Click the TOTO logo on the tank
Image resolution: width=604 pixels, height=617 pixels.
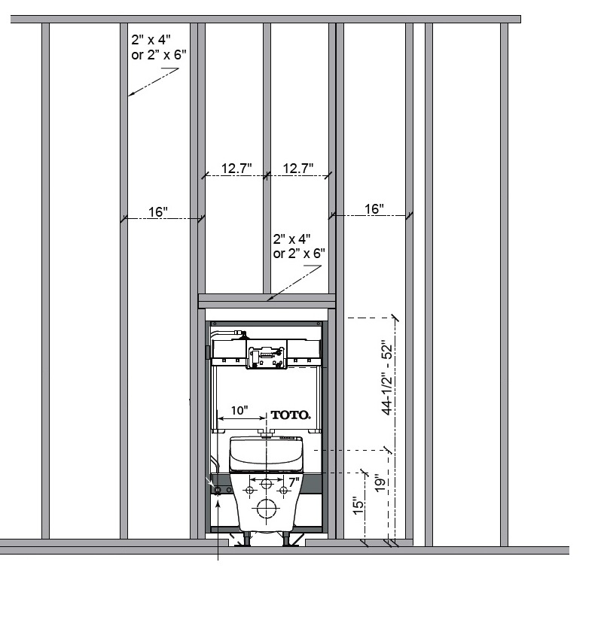point(291,415)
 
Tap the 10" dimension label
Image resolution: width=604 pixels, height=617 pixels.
point(239,410)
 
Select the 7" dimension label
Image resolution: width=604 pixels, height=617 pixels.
point(294,482)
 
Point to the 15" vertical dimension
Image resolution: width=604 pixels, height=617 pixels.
point(358,506)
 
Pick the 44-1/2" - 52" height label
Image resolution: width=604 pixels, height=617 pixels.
point(387,379)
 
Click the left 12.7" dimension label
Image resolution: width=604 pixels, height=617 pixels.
point(236,169)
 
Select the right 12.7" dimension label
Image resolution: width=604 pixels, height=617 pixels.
point(298,169)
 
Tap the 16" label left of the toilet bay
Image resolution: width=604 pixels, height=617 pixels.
point(158,211)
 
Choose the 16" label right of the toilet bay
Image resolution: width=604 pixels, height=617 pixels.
point(374,208)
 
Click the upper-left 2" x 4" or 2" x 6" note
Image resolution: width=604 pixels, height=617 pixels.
point(159,47)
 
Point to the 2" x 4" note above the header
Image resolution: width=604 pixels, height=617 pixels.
point(299,246)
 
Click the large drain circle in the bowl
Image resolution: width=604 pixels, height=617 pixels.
point(267,509)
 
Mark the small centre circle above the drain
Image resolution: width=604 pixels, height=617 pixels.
point(267,484)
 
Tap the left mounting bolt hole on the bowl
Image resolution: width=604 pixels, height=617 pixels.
point(249,491)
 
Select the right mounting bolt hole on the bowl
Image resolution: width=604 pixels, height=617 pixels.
point(283,491)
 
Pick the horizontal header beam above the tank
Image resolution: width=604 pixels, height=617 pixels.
point(267,301)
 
